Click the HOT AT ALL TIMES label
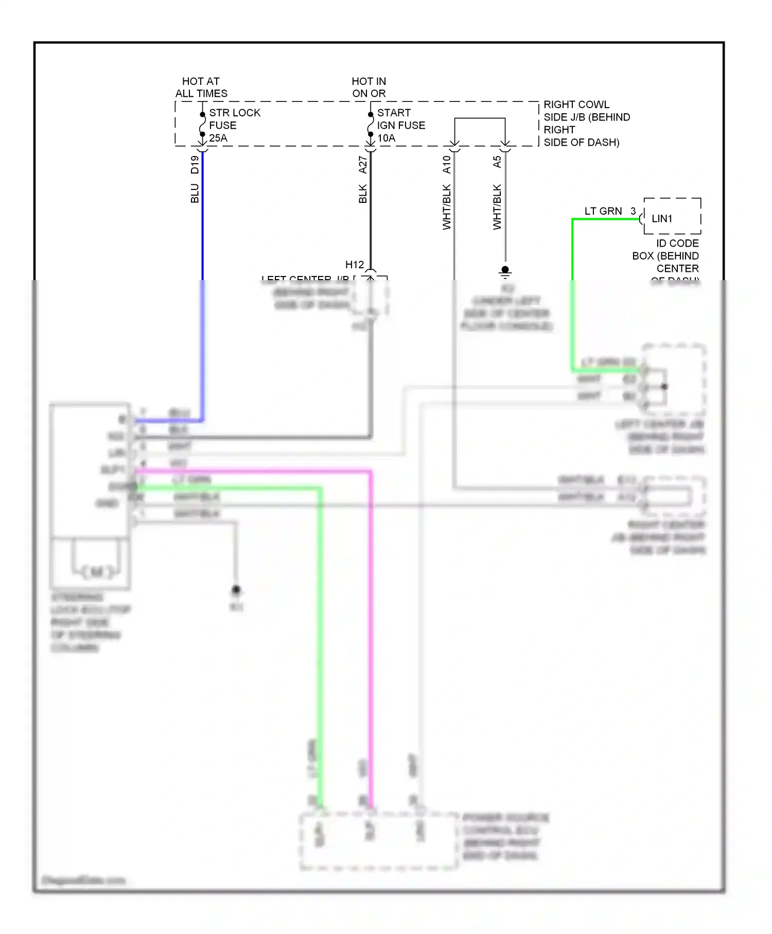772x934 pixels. [201, 88]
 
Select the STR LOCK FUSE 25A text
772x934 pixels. [234, 125]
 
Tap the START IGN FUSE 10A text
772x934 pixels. [400, 125]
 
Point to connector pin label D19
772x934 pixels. [195, 164]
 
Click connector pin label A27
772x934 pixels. [363, 165]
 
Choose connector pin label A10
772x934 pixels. [447, 164]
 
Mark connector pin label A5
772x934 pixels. [497, 162]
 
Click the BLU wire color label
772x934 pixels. [195, 194]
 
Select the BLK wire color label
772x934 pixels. [363, 194]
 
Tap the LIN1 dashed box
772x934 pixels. [672, 216]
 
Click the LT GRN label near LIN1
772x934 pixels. [603, 211]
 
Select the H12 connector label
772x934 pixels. [354, 265]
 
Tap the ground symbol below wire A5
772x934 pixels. [505, 271]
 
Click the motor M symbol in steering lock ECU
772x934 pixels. [97, 571]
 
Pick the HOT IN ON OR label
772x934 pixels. [369, 88]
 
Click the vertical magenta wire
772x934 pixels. [370, 618]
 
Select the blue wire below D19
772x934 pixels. [202, 232]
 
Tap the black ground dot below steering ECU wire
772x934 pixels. [236, 590]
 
